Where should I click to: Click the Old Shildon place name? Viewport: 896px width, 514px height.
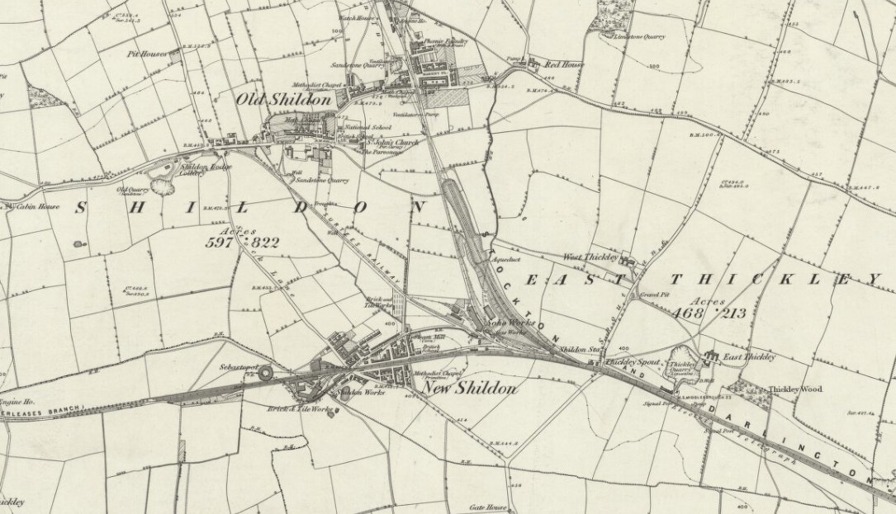click(x=283, y=99)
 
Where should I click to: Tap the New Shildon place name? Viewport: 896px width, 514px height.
click(x=469, y=388)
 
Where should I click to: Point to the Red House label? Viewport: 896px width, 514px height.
click(x=560, y=63)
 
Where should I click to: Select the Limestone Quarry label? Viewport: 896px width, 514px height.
click(x=638, y=35)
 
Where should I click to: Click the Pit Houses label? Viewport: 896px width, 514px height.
click(x=146, y=54)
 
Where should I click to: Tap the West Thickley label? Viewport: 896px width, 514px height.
click(x=590, y=257)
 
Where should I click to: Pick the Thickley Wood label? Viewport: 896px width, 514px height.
click(x=796, y=389)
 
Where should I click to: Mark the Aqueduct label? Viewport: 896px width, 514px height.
click(x=504, y=259)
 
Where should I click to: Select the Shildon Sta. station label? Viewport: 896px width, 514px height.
click(x=578, y=350)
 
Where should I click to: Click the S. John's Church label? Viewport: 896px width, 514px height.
click(x=391, y=142)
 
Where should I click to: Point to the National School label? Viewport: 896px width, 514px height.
click(x=369, y=128)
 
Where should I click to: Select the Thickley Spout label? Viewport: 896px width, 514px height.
click(x=629, y=361)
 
